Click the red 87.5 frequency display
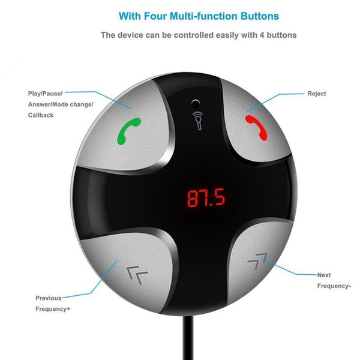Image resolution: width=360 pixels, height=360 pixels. [206, 197]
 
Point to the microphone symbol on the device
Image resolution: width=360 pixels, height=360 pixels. [199, 120]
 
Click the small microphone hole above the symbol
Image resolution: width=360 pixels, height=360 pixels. [196, 104]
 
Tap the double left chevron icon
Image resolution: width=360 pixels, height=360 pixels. [137, 275]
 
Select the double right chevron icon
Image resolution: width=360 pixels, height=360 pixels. [257, 261]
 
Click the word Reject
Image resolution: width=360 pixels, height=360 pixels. [317, 94]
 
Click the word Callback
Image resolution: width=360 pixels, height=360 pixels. [41, 115]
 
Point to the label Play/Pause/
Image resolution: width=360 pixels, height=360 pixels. [45, 94]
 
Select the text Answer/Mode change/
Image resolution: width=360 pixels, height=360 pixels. [61, 104]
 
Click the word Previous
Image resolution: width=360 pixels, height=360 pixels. [49, 298]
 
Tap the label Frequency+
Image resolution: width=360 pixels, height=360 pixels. [53, 309]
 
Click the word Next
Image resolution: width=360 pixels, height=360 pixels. [324, 275]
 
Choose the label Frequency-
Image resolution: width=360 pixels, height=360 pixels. [334, 286]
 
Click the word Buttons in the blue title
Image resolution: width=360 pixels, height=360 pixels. [260, 16]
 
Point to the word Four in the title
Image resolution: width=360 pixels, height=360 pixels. [155, 16]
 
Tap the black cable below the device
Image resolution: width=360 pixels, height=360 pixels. [188, 337]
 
